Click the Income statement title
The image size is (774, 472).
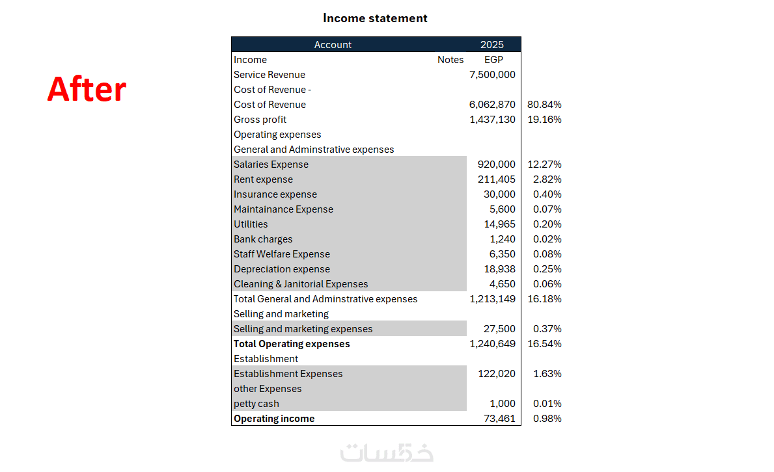[375, 18]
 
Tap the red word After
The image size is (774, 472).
[87, 89]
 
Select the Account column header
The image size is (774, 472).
[333, 45]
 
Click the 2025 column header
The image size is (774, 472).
[492, 45]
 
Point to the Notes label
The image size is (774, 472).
[450, 60]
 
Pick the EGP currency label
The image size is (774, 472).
[493, 60]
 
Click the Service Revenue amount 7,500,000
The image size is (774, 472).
[492, 75]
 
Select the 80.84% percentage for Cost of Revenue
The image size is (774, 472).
[545, 105]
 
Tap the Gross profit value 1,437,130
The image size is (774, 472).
[492, 120]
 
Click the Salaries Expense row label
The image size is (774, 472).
[271, 164]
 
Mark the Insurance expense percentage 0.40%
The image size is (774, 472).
[547, 194]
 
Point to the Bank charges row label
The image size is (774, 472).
[263, 239]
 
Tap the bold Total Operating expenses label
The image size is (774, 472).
[292, 344]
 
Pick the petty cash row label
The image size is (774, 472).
[256, 404]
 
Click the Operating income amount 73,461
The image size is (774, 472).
[499, 419]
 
